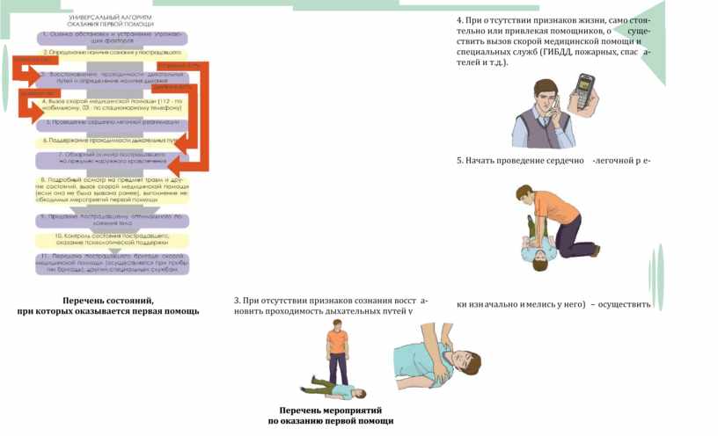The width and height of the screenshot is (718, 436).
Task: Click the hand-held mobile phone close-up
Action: [582, 92]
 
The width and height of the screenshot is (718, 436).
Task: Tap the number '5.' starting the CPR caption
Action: [460, 162]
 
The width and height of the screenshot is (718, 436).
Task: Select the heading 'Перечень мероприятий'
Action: [330, 411]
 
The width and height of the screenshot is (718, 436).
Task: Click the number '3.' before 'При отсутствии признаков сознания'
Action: [238, 301]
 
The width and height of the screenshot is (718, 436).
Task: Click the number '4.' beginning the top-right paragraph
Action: [460, 20]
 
